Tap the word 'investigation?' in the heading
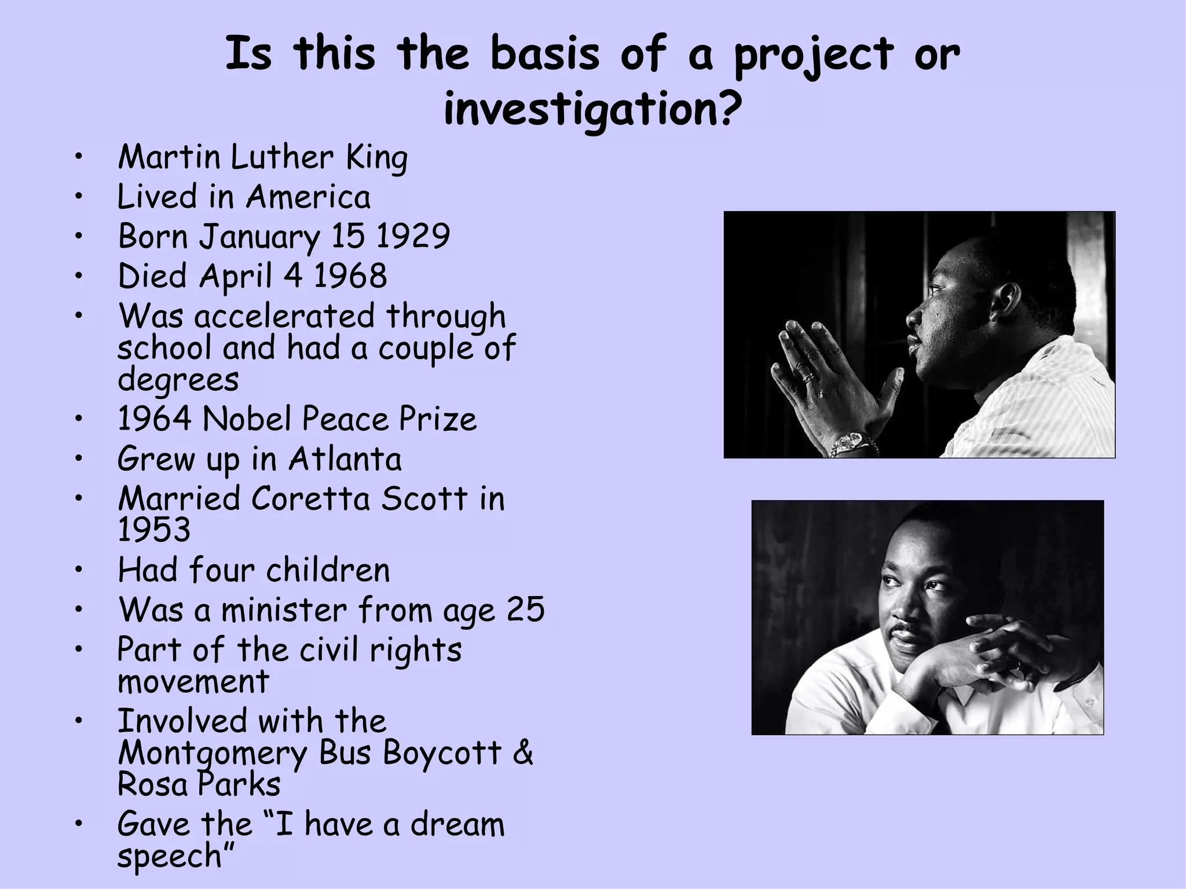(592, 110)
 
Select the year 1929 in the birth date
(412, 236)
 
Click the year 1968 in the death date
(350, 276)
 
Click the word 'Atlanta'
(345, 459)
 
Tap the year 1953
(153, 530)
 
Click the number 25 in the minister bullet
(525, 609)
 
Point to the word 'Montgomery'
(213, 754)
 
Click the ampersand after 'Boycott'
(522, 753)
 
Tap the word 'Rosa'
(153, 785)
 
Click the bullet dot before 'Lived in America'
(79, 197)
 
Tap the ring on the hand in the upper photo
(807, 377)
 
